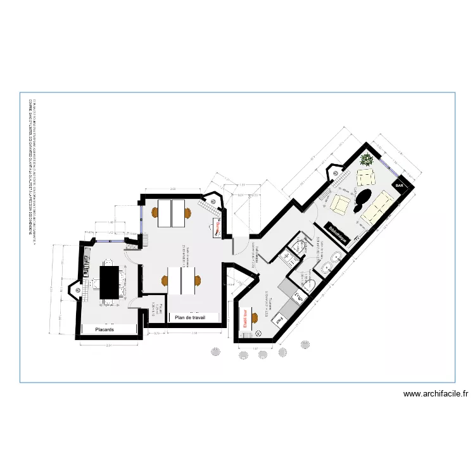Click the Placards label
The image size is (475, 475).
104,330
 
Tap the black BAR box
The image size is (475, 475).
400,186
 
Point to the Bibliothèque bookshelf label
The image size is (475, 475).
339,236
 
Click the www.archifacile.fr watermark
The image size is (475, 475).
436,394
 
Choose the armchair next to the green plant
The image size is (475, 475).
366,176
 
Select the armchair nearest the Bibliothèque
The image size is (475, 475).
341,205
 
